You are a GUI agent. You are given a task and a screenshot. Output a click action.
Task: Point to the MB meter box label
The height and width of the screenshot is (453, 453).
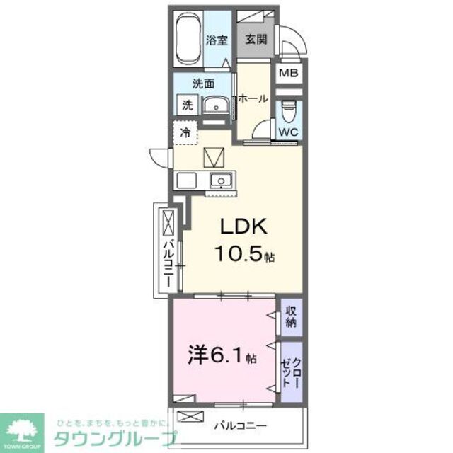(x=287, y=73)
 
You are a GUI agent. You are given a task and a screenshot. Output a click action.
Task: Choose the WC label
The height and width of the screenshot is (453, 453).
(x=287, y=132)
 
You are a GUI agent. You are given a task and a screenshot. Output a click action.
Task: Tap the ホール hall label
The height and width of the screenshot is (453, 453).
(x=253, y=99)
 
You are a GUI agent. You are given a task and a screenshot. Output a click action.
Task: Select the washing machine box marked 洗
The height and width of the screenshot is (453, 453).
(x=187, y=105)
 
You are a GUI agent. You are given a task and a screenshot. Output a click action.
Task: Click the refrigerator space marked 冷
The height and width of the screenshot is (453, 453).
(x=185, y=132)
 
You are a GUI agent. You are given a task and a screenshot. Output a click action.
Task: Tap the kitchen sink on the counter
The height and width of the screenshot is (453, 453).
(x=221, y=181)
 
